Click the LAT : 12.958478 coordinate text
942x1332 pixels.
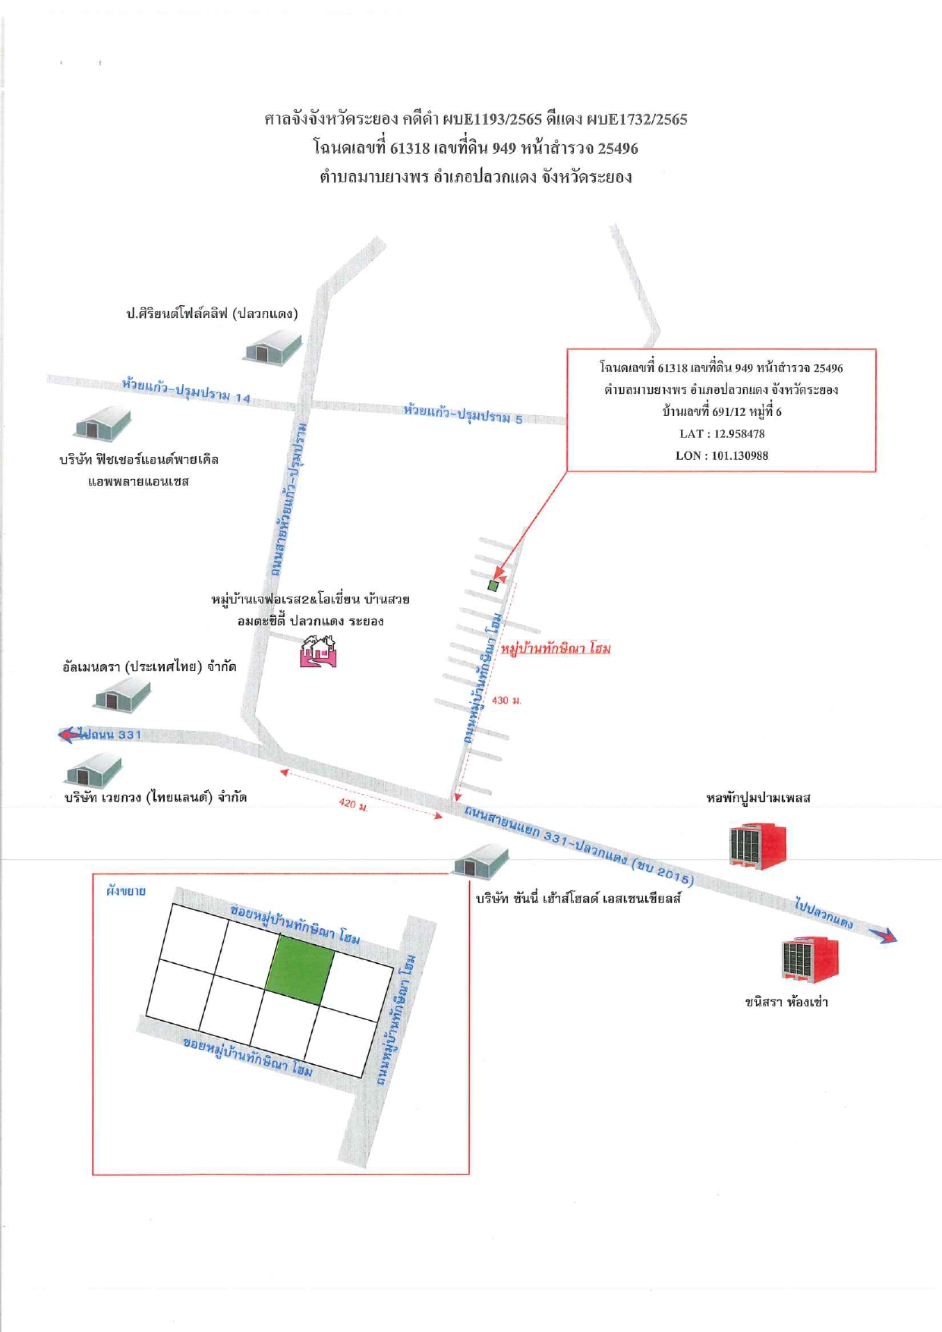point(722,434)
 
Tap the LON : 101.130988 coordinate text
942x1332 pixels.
point(722,456)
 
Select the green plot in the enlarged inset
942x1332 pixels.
point(300,971)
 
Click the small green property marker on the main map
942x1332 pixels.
point(493,586)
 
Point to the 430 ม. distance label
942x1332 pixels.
point(506,700)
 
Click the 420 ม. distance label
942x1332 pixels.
point(354,804)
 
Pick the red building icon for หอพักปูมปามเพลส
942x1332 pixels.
point(758,845)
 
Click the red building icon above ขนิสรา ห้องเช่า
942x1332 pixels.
point(810,959)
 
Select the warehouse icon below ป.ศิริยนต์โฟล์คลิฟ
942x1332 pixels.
point(273,350)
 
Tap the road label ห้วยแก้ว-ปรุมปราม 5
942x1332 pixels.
point(463,414)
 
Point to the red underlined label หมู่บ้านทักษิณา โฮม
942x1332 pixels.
point(556,648)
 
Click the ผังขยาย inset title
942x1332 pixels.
point(126,891)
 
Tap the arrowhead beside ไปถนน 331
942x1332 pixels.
point(68,734)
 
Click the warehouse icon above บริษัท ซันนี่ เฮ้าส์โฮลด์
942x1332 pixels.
point(481,861)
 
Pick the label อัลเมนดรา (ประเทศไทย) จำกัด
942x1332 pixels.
point(150,667)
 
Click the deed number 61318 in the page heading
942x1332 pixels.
point(410,148)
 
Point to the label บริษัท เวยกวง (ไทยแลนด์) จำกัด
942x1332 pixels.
point(156,798)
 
